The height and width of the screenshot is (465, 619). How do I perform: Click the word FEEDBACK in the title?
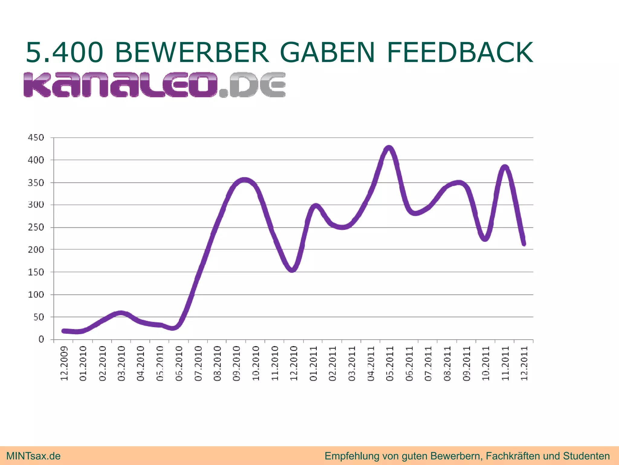pyautogui.click(x=460, y=53)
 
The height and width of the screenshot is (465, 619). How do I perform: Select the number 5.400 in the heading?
pyautogui.click(x=64, y=53)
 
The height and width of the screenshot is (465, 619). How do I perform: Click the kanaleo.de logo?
pyautogui.click(x=154, y=85)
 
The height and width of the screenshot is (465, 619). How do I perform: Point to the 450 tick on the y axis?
pyautogui.click(x=36, y=138)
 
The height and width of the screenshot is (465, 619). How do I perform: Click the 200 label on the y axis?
pyautogui.click(x=36, y=250)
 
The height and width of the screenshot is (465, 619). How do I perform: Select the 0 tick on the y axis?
pyautogui.click(x=41, y=339)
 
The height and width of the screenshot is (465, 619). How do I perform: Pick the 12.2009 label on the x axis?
pyautogui.click(x=64, y=363)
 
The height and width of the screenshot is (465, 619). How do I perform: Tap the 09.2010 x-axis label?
pyautogui.click(x=236, y=363)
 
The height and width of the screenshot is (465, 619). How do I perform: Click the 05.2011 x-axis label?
pyautogui.click(x=390, y=363)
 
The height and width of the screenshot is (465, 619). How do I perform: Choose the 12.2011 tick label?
pyautogui.click(x=524, y=363)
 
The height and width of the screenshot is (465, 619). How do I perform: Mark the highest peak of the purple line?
pyautogui.click(x=389, y=148)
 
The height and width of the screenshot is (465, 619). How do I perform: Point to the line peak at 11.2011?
pyautogui.click(x=505, y=167)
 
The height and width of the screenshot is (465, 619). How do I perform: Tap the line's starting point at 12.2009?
pyautogui.click(x=64, y=331)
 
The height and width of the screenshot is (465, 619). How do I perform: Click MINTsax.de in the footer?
pyautogui.click(x=33, y=456)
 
